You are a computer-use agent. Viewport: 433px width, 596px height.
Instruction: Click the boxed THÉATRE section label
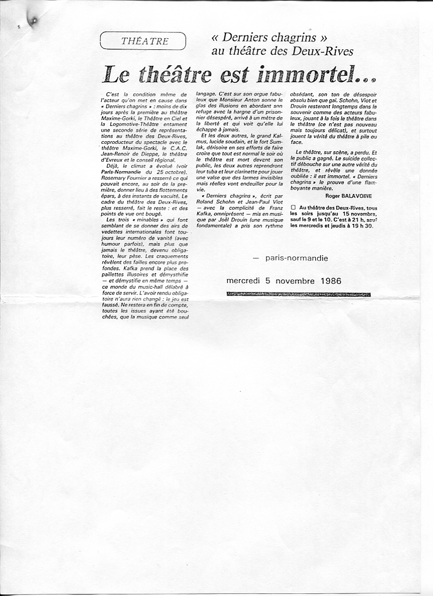pyautogui.click(x=144, y=41)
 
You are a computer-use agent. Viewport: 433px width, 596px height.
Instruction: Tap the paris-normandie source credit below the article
pyautogui.click(x=297, y=258)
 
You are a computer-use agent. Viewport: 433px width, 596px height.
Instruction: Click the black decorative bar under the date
pyautogui.click(x=298, y=294)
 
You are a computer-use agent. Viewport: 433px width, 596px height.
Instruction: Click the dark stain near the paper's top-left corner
pyautogui.click(x=33, y=21)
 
